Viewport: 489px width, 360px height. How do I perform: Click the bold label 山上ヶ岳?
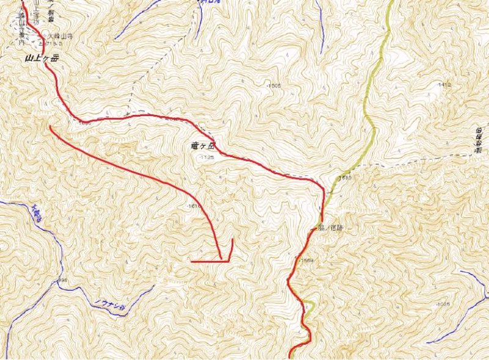pyautogui.click(x=42, y=59)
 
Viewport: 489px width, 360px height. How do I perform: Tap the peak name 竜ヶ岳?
pyautogui.click(x=203, y=147)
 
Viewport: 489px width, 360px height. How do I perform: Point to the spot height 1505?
pyautogui.click(x=274, y=86)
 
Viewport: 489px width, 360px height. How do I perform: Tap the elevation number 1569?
pyautogui.click(x=307, y=261)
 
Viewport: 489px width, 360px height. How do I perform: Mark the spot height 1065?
pyautogui.click(x=443, y=304)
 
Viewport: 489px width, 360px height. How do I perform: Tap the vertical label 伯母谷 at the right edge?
pyautogui.click(x=480, y=142)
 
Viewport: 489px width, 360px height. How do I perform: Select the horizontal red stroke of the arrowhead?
pyautogui.click(x=208, y=262)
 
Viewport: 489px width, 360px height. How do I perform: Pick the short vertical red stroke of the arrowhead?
pyautogui.click(x=231, y=249)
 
